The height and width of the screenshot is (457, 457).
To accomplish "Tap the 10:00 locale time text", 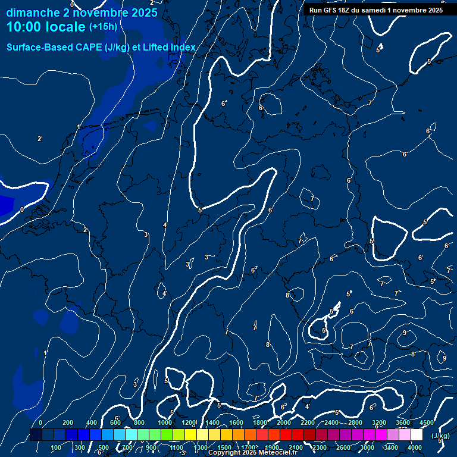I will [46, 27].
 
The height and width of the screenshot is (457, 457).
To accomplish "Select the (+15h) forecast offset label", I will [103, 27].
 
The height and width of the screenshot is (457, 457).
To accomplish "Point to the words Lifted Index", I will [168, 47].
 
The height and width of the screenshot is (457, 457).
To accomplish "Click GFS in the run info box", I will [329, 10].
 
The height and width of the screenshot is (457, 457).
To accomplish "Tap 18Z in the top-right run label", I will [344, 10].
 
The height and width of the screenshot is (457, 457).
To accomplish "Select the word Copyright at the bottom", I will [224, 453].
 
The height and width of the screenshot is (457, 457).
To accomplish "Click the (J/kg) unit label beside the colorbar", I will [439, 436].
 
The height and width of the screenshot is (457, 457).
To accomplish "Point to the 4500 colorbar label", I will [427, 422].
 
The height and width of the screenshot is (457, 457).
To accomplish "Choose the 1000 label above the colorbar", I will [165, 422].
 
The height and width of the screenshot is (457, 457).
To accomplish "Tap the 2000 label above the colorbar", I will [284, 422].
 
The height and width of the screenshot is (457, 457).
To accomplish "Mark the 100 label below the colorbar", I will [57, 447].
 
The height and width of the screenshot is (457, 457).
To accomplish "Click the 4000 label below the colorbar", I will [415, 447].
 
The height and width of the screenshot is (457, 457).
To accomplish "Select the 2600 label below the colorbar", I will [343, 447].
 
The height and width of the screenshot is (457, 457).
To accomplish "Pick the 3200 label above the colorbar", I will [379, 422].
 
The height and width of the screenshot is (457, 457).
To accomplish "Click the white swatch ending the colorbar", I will [417, 435].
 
